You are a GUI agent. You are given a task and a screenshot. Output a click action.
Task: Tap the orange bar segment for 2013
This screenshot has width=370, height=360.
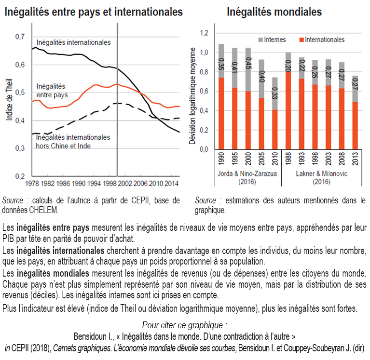[x=356, y=125]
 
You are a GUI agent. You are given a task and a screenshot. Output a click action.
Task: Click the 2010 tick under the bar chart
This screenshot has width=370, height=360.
[x=274, y=160]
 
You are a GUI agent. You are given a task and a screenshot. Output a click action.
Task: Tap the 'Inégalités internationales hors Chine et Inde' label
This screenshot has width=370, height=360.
[x=73, y=141]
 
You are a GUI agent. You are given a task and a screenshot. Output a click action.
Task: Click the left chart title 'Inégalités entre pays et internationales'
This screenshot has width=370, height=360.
[x=94, y=11]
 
